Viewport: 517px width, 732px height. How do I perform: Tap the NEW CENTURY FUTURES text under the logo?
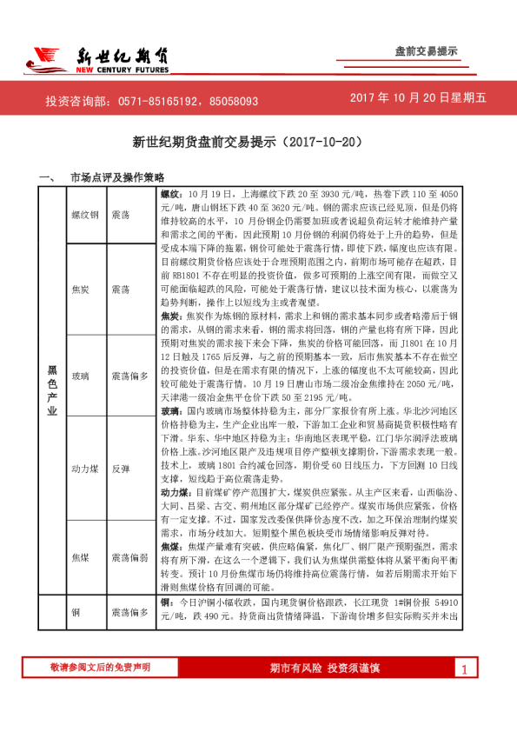[x=122, y=72]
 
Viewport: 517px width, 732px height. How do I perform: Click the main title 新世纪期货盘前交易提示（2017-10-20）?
[x=246, y=140]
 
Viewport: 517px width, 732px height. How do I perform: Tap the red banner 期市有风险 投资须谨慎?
[x=326, y=668]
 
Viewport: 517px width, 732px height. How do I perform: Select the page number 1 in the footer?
[x=465, y=669]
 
